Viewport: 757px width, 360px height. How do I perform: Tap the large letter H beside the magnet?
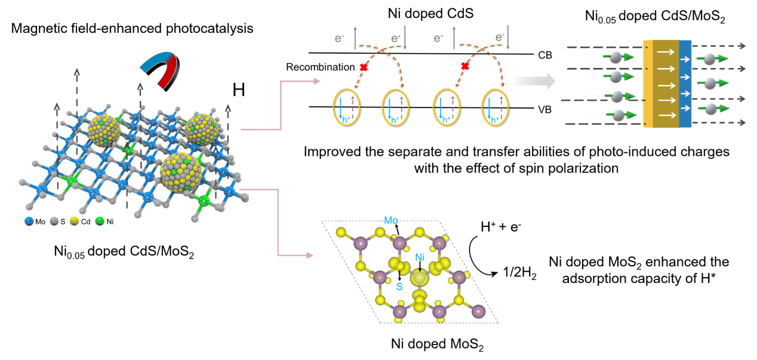point(239,91)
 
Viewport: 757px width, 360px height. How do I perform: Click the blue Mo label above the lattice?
point(391,220)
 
